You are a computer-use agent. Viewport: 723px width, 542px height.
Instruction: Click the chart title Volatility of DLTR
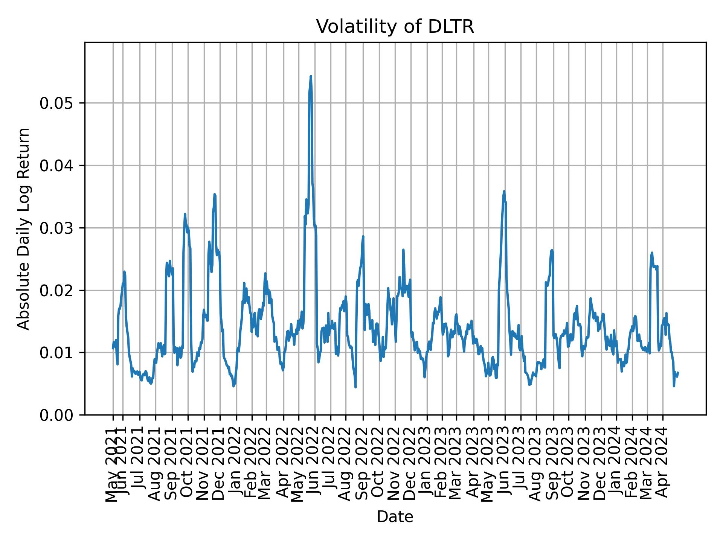(x=395, y=27)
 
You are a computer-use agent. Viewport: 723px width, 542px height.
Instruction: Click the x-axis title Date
(x=395, y=517)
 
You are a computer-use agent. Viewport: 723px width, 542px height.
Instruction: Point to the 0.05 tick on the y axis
(x=57, y=103)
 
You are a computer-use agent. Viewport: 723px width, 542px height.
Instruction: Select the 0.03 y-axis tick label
(x=57, y=228)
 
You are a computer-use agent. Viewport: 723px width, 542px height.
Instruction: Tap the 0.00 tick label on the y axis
(x=57, y=415)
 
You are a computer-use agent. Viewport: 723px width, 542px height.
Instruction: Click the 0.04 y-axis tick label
(x=57, y=166)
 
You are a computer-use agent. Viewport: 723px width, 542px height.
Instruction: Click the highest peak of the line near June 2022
(x=311, y=76)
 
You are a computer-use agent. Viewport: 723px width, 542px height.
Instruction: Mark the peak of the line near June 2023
(x=504, y=191)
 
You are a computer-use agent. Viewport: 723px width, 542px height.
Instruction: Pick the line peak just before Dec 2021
(x=215, y=194)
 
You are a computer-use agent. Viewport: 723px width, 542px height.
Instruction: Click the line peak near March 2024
(x=651, y=253)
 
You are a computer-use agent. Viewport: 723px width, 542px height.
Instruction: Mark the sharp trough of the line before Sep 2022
(x=355, y=387)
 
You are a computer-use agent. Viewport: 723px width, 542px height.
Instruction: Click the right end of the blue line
(x=678, y=372)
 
